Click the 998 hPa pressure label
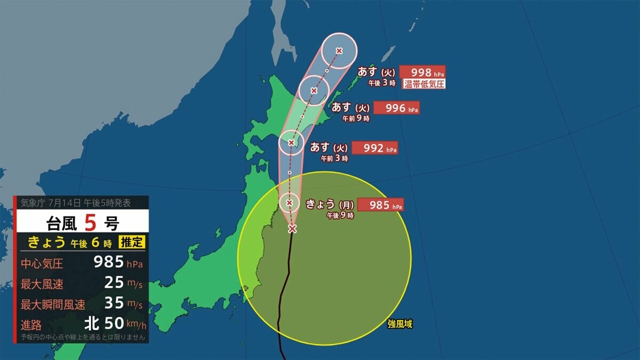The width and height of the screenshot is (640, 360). point(422,72)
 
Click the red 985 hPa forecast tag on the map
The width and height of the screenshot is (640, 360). point(380,205)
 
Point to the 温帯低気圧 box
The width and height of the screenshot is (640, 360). point(423,84)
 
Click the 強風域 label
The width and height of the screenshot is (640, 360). point(400,324)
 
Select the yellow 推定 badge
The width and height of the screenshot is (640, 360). point(131,242)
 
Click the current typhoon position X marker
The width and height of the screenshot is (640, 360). point(292,229)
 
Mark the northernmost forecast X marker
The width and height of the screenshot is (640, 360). point(339,51)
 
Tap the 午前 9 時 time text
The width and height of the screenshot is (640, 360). point(356,119)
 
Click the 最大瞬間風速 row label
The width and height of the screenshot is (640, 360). point(53,305)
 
